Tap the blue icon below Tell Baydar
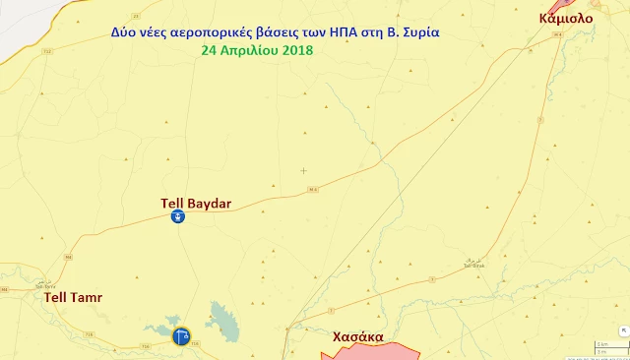click(x=177, y=217)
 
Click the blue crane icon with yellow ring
click(x=181, y=336)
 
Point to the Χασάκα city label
click(x=358, y=336)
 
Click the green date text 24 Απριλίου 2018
click(x=255, y=49)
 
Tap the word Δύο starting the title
click(x=124, y=31)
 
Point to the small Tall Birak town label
click(x=472, y=264)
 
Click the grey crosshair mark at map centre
click(x=303, y=170)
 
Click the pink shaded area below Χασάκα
click(x=374, y=352)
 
